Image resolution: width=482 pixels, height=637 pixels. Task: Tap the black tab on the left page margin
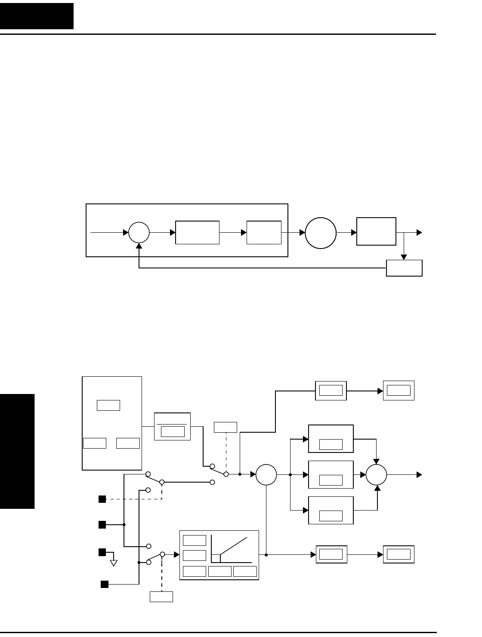click(x=17, y=451)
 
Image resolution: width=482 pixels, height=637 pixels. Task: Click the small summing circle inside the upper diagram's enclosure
click(x=139, y=233)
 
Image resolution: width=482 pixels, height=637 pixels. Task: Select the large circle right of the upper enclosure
click(x=321, y=233)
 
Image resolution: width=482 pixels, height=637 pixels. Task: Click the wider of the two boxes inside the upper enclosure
click(x=198, y=233)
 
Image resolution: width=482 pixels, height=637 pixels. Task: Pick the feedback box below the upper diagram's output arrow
click(x=404, y=268)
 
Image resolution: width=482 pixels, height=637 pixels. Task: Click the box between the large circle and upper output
click(x=377, y=232)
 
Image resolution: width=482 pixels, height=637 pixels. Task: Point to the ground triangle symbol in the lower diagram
click(x=114, y=563)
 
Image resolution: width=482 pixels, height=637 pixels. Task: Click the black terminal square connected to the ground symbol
click(x=102, y=552)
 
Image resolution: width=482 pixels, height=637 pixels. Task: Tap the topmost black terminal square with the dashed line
click(x=102, y=499)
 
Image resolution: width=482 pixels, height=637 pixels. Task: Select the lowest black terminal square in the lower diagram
click(x=105, y=584)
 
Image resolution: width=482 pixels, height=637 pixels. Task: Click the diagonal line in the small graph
click(x=234, y=546)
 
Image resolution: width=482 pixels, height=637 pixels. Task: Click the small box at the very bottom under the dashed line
click(x=161, y=597)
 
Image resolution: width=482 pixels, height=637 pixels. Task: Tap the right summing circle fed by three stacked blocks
click(x=377, y=475)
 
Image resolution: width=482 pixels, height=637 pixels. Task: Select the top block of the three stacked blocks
click(x=331, y=439)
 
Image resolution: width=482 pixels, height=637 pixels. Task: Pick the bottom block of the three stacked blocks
click(x=331, y=510)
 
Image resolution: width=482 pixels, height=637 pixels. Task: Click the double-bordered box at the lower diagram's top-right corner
click(x=399, y=391)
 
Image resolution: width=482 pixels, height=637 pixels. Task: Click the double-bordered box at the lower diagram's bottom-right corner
click(x=399, y=554)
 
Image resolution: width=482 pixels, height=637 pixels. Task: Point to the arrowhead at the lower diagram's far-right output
click(x=419, y=475)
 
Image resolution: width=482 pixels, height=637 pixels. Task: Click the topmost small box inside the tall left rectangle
click(x=108, y=405)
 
